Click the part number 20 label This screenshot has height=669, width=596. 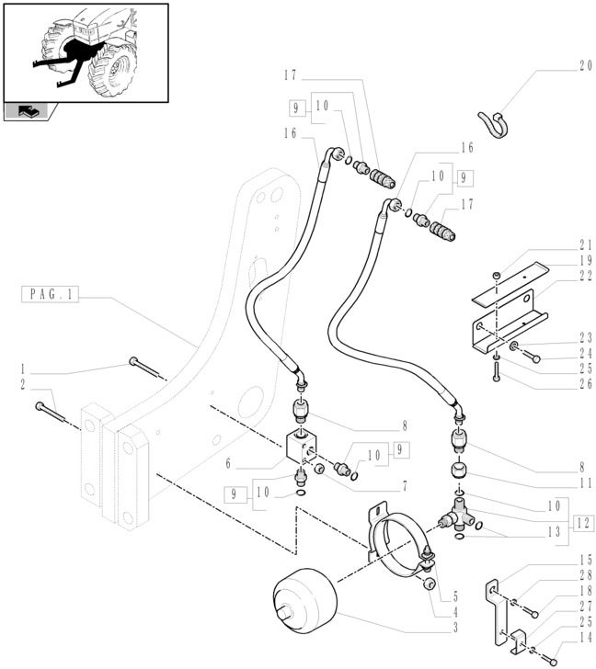pyautogui.click(x=561, y=65)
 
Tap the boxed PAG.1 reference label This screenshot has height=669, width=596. pyautogui.click(x=52, y=295)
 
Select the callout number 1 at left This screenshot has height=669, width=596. pyautogui.click(x=21, y=369)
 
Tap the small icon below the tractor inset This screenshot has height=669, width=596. pyautogui.click(x=29, y=112)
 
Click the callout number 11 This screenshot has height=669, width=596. pyautogui.click(x=561, y=482)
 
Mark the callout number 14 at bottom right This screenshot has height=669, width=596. pyautogui.click(x=561, y=637)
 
